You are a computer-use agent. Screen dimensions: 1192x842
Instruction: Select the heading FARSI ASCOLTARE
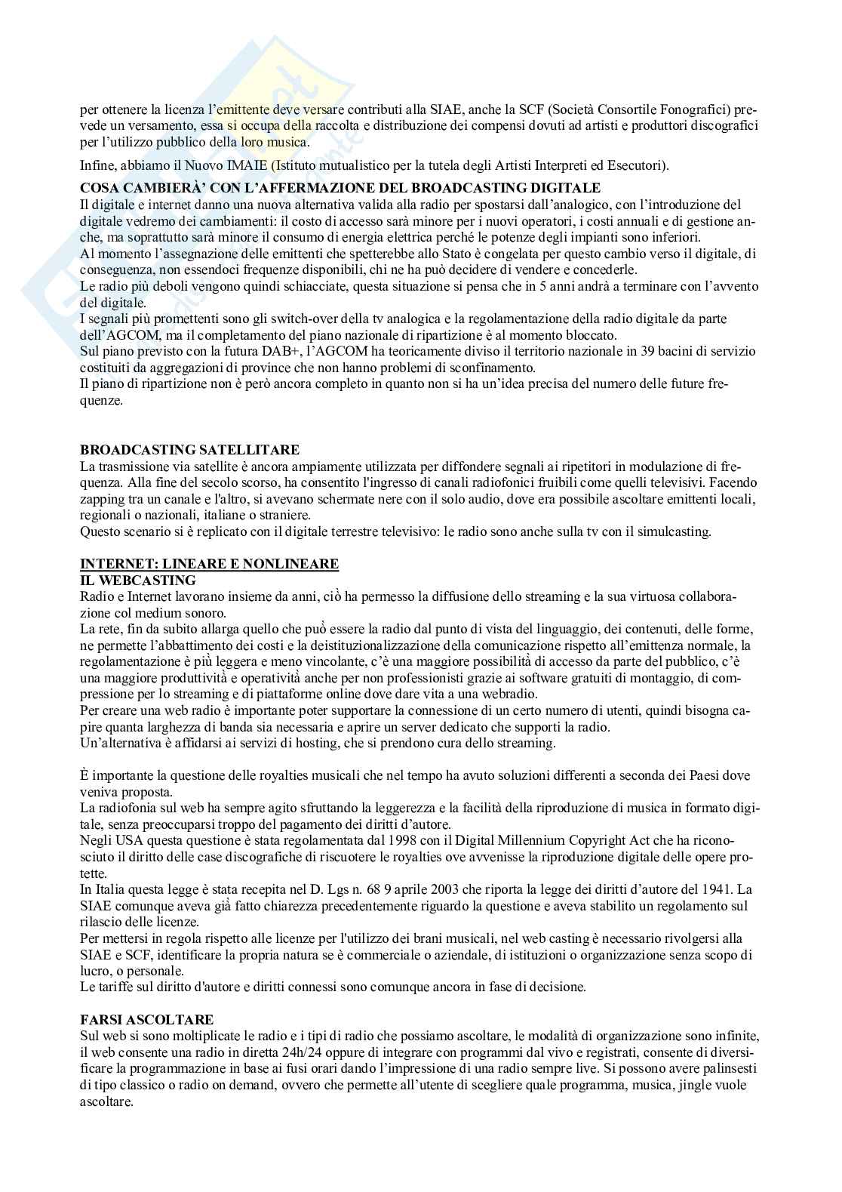[x=146, y=1019]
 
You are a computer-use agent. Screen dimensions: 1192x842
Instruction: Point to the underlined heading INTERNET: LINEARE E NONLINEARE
[x=209, y=564]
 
